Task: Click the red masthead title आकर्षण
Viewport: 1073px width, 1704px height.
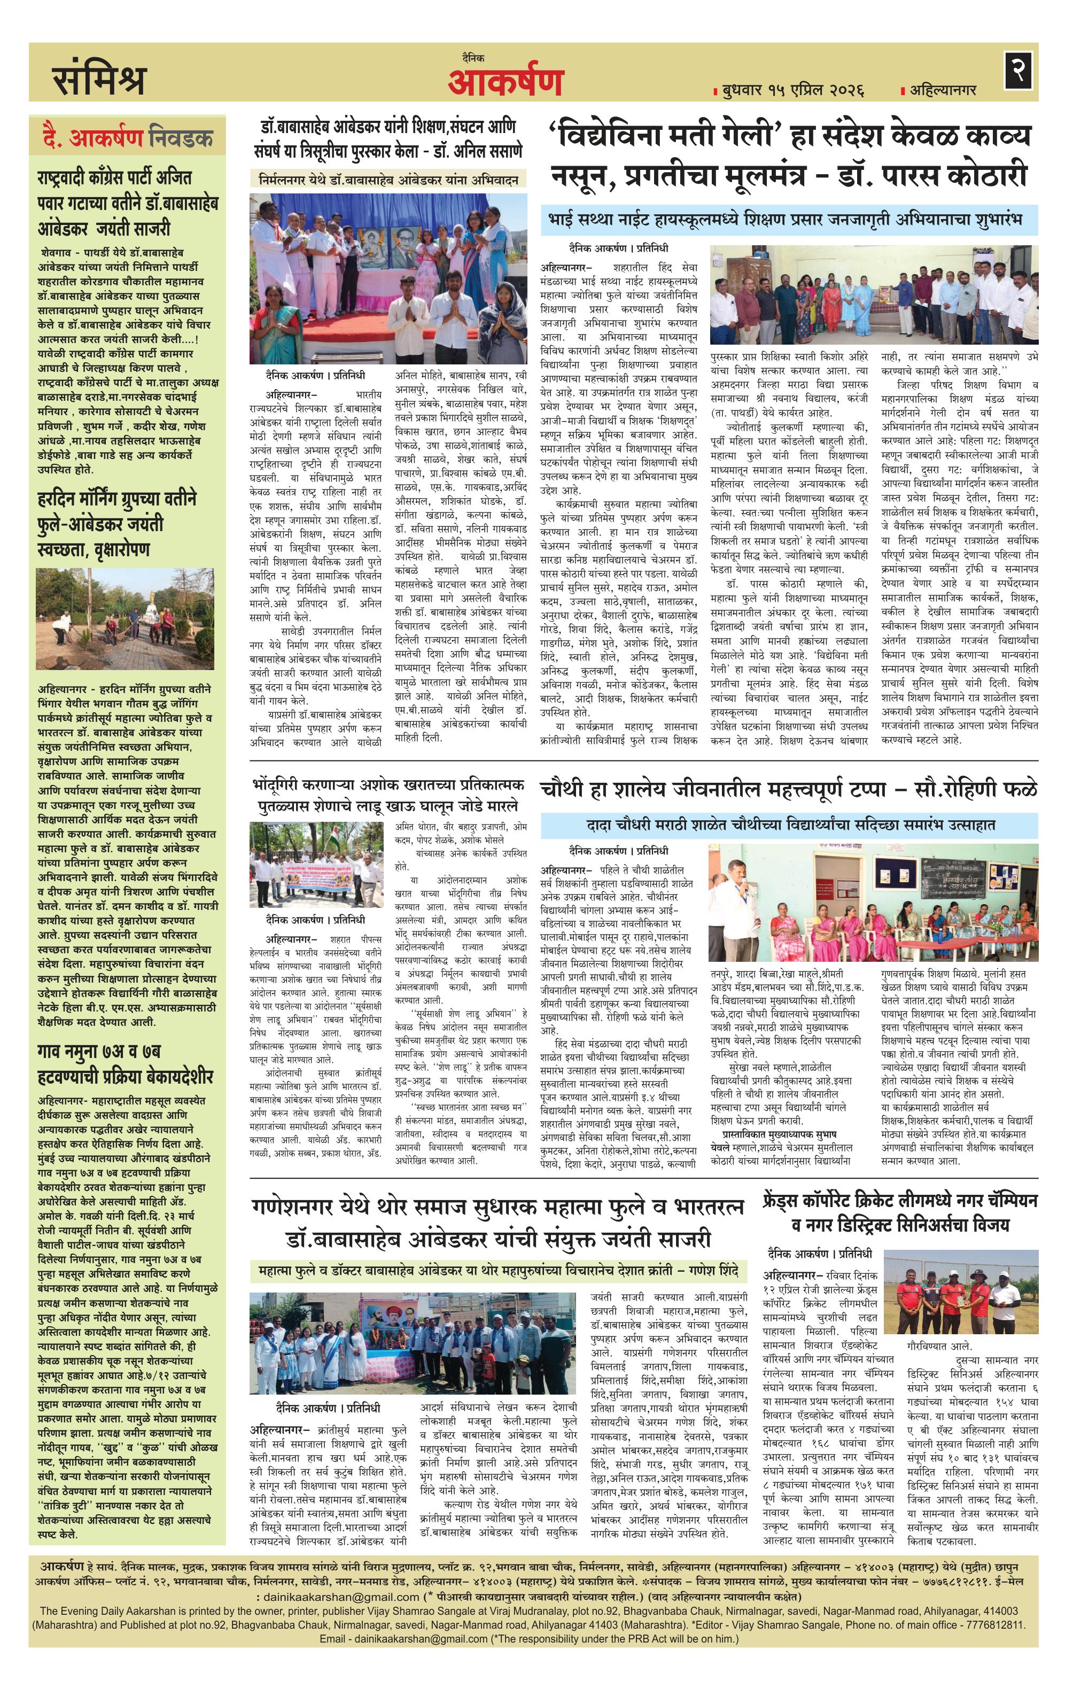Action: [504, 83]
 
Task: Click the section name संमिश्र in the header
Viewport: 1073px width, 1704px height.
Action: [98, 80]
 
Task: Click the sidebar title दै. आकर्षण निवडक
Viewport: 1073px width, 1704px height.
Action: [127, 138]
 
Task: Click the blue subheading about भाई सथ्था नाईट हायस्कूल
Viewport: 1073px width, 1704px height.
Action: [789, 220]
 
